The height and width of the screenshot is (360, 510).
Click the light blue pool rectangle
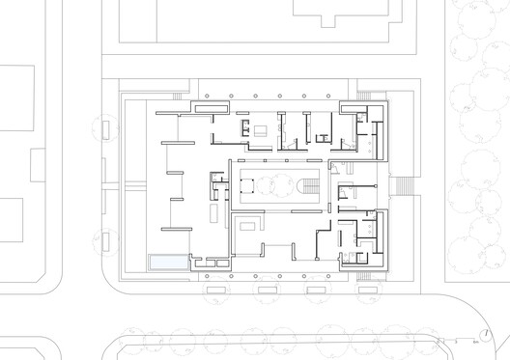pos(166,262)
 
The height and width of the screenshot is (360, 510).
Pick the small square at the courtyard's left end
pos(243,180)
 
